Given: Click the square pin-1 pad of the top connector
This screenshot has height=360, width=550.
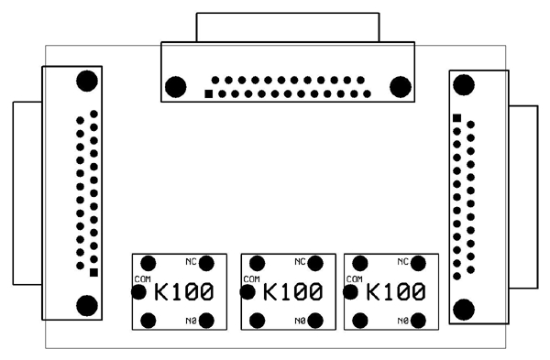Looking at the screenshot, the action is (x=209, y=93).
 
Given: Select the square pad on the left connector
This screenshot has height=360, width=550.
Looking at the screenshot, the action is (x=94, y=271).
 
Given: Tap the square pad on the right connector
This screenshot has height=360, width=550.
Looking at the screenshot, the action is (x=456, y=117).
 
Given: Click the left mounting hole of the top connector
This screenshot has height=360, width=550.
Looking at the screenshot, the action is (x=174, y=87).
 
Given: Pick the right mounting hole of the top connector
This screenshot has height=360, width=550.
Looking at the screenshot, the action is (x=400, y=87).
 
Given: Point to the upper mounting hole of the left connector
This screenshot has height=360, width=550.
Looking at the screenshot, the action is (x=87, y=81).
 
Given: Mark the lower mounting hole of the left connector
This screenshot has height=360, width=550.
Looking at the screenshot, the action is (x=87, y=305).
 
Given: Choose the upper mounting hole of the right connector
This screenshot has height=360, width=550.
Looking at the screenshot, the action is (x=464, y=84).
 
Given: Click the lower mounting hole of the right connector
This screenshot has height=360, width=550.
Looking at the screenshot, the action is (x=464, y=309).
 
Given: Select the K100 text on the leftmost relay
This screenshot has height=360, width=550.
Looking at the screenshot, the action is (x=184, y=293).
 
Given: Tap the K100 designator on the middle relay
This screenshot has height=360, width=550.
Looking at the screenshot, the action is (x=292, y=293).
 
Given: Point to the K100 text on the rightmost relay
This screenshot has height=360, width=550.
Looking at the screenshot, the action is (x=396, y=293).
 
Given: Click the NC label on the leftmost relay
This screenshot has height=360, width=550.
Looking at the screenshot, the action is (x=192, y=261).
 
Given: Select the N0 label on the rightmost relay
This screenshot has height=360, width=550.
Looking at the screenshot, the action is (x=402, y=321).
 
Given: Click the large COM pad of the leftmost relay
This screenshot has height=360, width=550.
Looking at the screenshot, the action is (x=138, y=292).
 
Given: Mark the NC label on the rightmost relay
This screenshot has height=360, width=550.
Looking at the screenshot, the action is (x=402, y=261).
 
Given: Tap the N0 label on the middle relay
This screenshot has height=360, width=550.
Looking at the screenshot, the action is (x=300, y=321).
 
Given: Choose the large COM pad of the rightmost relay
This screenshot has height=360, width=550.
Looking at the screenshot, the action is (x=349, y=292).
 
